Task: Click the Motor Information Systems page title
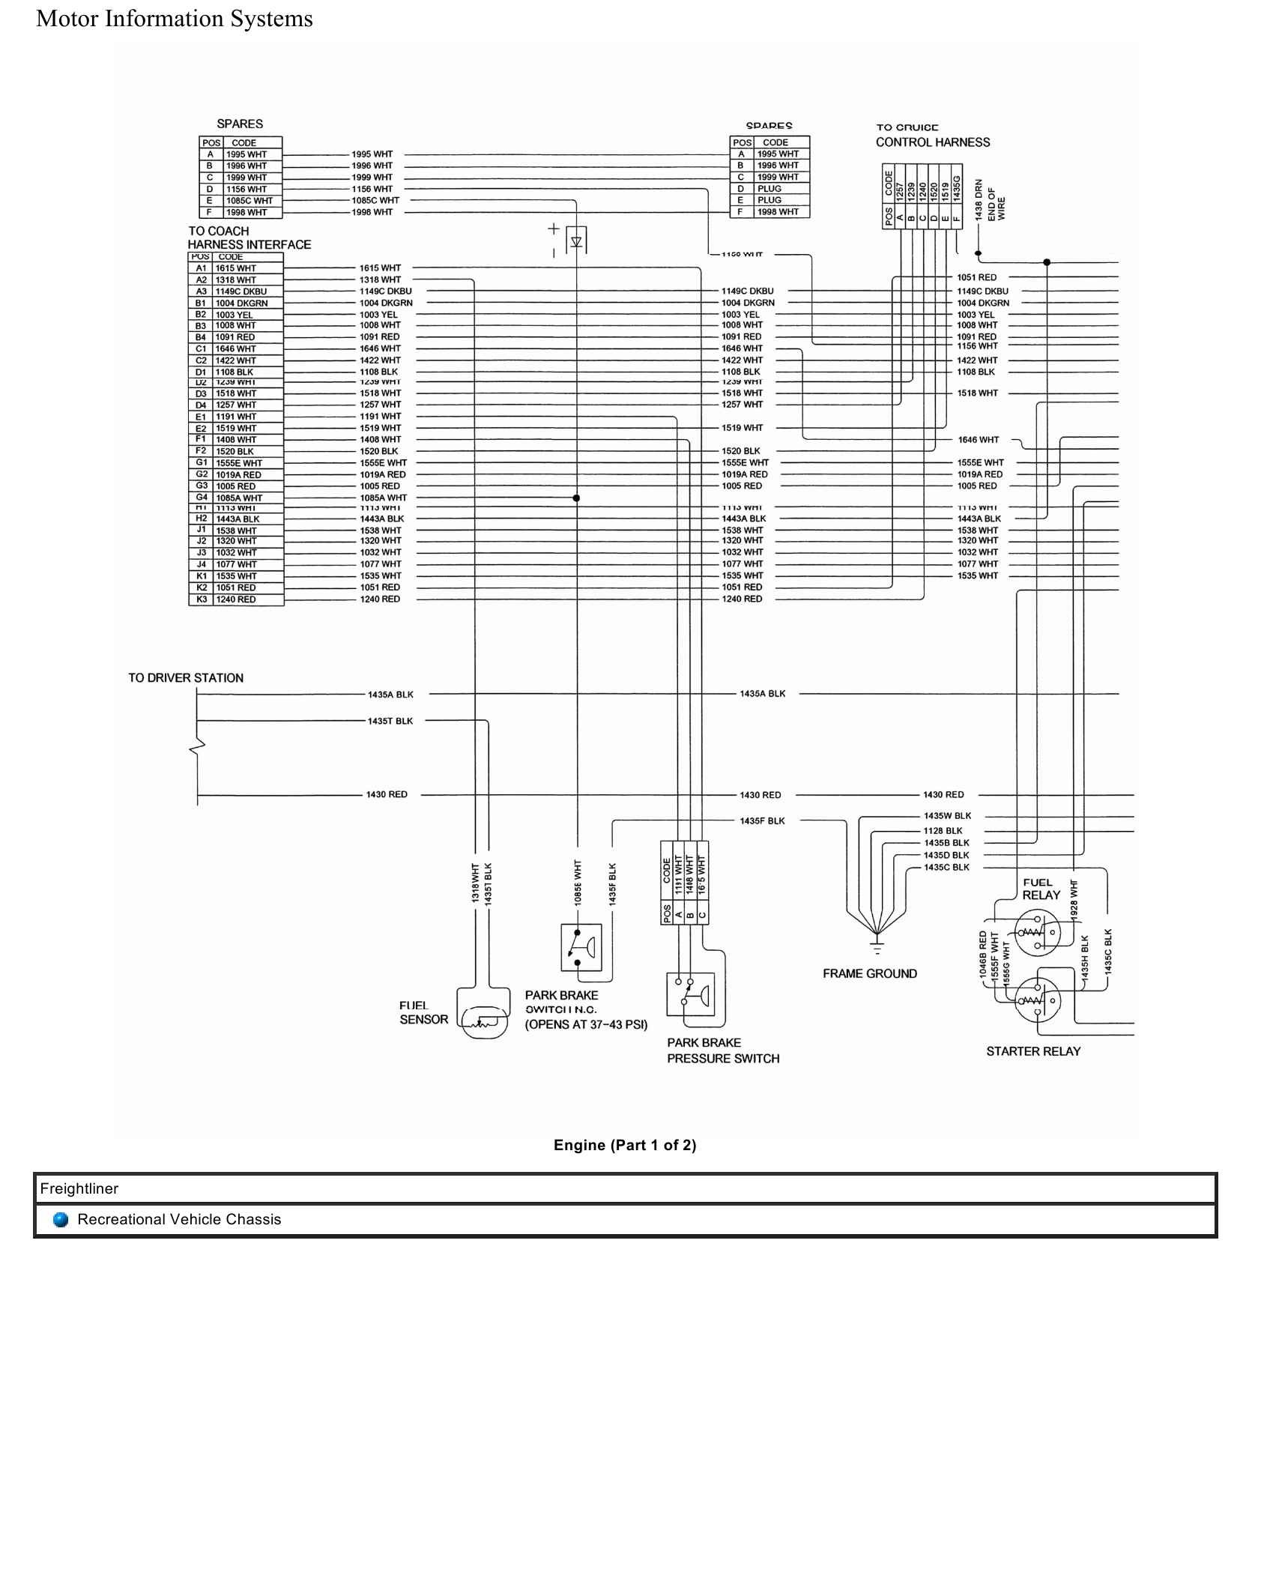point(175,19)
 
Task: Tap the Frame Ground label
point(869,973)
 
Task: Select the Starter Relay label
point(1033,1051)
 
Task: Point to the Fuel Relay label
point(1041,889)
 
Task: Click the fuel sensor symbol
point(484,1020)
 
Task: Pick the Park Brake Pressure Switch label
point(722,1051)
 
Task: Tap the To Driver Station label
point(186,678)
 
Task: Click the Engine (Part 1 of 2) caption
point(625,1145)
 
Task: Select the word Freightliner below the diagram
point(79,1189)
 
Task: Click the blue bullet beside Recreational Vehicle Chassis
point(61,1220)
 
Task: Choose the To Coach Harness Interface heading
point(249,238)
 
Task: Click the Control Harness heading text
point(933,142)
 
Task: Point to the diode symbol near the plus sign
point(576,241)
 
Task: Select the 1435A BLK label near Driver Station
point(390,695)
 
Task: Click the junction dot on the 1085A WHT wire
point(576,498)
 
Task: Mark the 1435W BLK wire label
point(947,816)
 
